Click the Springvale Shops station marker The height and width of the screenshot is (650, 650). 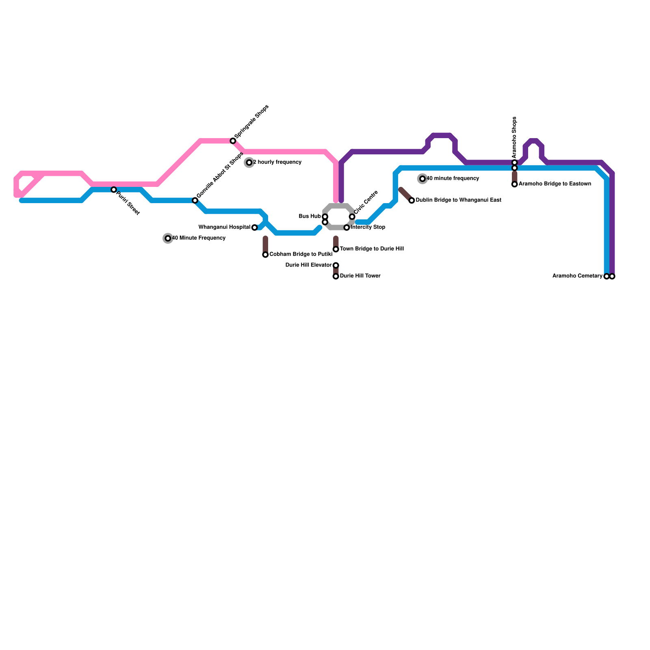(233, 141)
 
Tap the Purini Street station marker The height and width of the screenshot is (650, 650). (114, 190)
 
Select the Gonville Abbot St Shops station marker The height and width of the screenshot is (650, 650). (195, 200)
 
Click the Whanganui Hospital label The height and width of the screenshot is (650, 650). (224, 227)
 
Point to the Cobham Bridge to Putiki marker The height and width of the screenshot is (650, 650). (265, 255)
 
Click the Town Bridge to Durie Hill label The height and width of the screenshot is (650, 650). (372, 249)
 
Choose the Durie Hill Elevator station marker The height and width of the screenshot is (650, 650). (336, 265)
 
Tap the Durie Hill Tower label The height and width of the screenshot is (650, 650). (360, 276)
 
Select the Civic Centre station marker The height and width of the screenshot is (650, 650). (352, 217)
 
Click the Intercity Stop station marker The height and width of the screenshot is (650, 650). (347, 227)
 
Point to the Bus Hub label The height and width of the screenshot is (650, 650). (310, 216)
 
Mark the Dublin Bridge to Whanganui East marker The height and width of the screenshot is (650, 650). (412, 200)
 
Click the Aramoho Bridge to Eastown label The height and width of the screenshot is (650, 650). (555, 184)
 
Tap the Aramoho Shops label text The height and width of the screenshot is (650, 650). (514, 137)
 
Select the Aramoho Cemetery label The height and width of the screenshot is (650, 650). (577, 276)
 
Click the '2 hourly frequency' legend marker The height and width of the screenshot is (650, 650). (249, 162)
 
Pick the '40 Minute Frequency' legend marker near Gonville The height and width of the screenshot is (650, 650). (168, 238)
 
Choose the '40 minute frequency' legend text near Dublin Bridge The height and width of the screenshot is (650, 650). (453, 178)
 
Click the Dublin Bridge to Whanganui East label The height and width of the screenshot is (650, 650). (458, 200)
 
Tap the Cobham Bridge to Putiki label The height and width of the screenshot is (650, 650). (301, 254)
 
